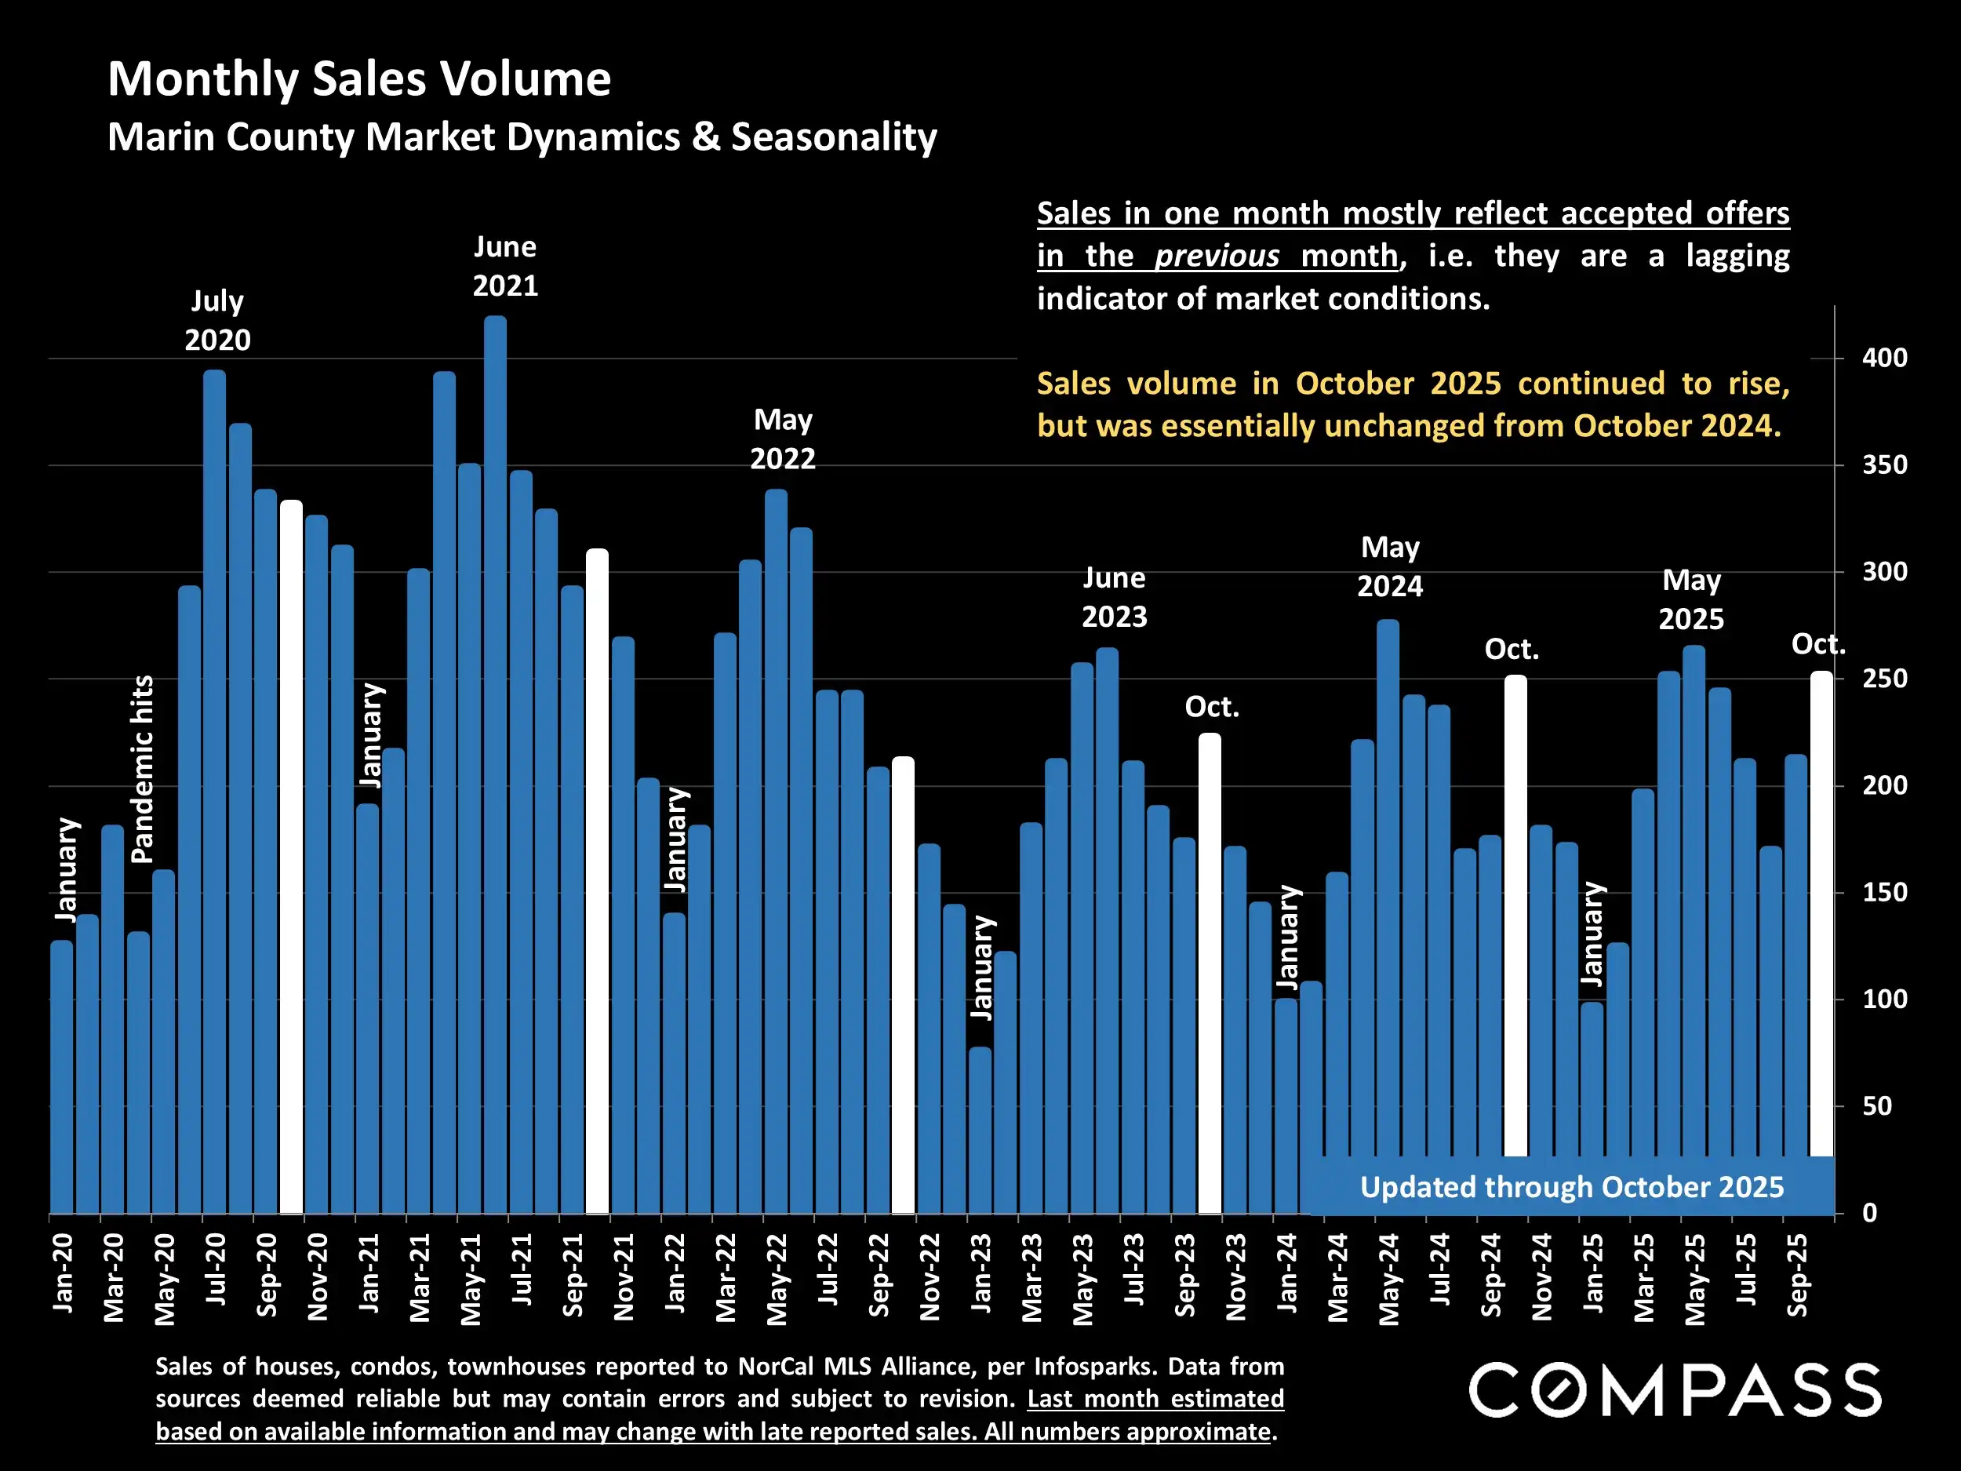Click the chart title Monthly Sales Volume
point(359,79)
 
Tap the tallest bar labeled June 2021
point(496,763)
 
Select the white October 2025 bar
point(1821,913)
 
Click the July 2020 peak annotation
point(217,320)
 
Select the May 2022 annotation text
point(783,439)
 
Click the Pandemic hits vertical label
point(143,769)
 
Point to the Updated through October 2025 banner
point(1571,1187)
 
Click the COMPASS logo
point(1675,1390)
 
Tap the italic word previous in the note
point(1217,257)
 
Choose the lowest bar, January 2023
point(980,1131)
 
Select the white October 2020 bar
point(292,857)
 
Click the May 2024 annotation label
point(1389,566)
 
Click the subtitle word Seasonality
point(833,137)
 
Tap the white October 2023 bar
point(1210,973)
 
